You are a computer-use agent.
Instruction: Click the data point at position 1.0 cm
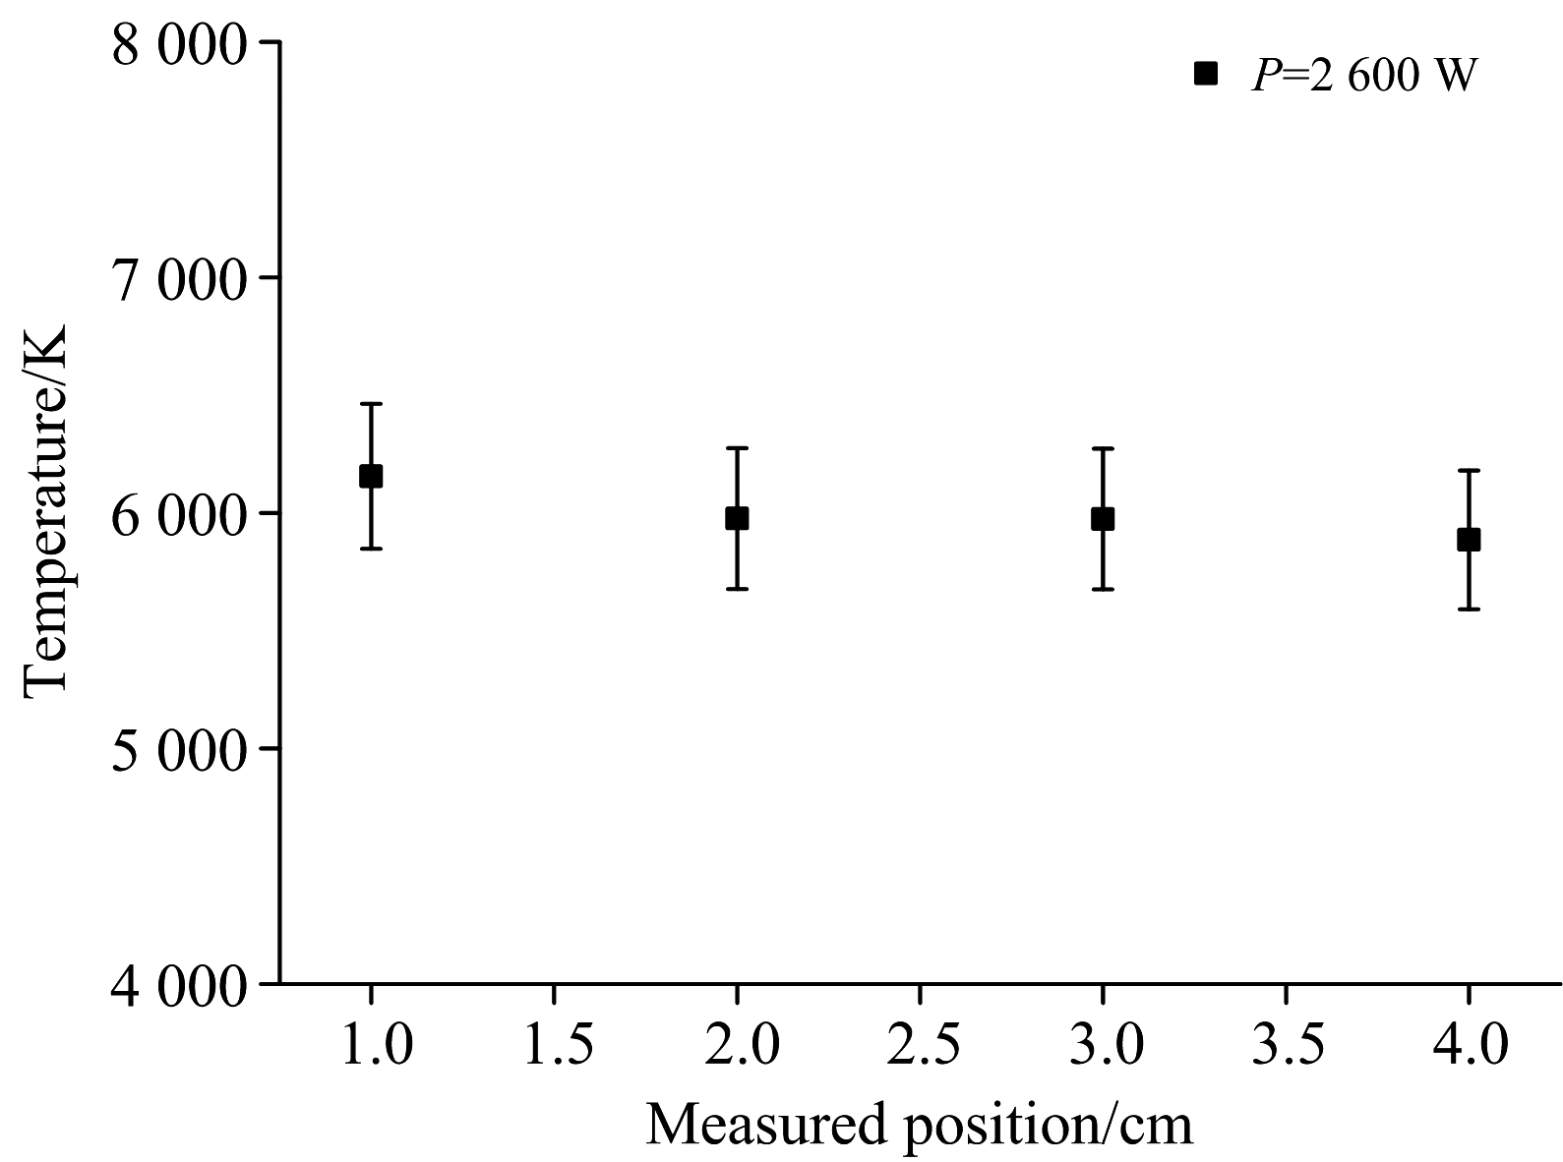click(x=371, y=476)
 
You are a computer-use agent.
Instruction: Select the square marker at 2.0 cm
click(x=737, y=518)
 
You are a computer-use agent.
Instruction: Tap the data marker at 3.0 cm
click(x=1103, y=518)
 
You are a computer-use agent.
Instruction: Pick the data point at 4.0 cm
click(x=1469, y=539)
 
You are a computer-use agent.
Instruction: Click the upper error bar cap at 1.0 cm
click(x=371, y=404)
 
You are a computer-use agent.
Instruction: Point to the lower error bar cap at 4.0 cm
click(x=1469, y=610)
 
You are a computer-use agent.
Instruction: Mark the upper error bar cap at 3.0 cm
click(x=1103, y=448)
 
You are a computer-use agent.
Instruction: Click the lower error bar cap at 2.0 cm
click(x=737, y=589)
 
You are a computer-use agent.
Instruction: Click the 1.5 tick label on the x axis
click(x=554, y=1045)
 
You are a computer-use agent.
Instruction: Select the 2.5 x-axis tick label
click(x=920, y=1045)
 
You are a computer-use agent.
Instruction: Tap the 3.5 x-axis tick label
click(x=1286, y=1045)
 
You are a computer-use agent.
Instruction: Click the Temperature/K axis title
click(x=46, y=511)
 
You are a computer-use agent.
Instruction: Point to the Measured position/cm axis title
click(x=919, y=1123)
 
